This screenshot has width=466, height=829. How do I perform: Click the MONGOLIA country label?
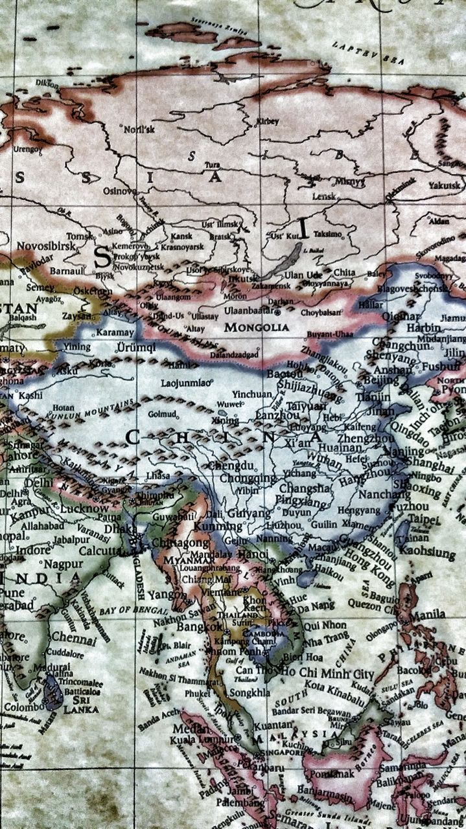(257, 328)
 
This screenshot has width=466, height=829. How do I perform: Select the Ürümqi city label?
(137, 347)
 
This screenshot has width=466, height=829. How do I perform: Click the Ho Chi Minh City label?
(327, 674)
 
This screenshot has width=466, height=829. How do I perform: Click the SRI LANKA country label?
(80, 705)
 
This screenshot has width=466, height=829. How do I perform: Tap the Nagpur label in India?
(63, 564)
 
